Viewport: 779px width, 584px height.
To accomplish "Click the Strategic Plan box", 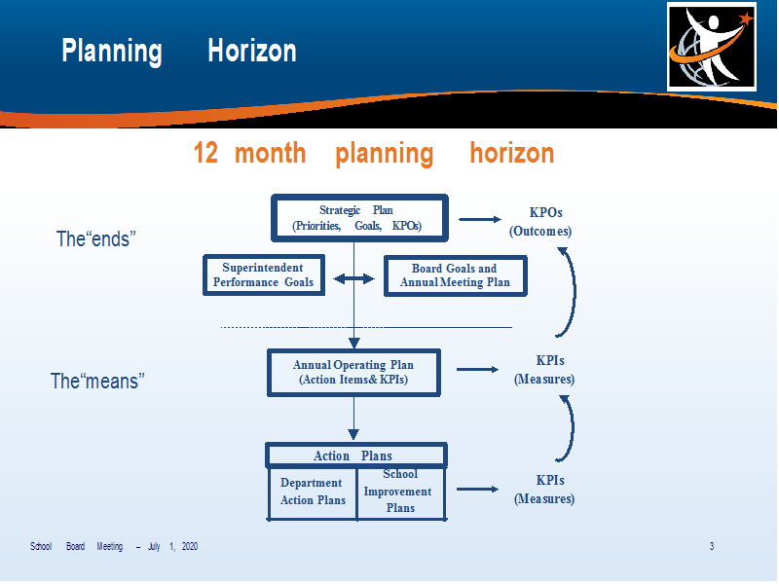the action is point(359,218).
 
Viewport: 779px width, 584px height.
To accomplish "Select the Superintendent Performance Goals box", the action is point(264,275).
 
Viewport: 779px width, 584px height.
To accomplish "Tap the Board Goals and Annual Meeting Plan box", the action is point(455,276).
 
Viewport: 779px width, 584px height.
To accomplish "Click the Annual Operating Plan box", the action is point(353,373).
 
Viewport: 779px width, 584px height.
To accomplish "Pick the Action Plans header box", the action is point(355,456).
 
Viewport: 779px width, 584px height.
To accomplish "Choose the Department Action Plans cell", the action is point(313,493).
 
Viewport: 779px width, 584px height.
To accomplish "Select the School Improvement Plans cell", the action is point(401,493).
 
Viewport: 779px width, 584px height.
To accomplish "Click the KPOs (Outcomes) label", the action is point(540,222).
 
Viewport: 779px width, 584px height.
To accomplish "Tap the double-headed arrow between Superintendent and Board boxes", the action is point(353,279).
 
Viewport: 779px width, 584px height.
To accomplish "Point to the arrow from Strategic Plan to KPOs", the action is point(480,219).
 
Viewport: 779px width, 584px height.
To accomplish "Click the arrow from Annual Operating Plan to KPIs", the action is point(477,369).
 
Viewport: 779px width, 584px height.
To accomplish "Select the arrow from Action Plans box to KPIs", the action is point(477,490).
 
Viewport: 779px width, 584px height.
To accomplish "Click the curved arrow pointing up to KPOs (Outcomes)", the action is point(575,293).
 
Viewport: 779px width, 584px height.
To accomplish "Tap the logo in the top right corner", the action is point(712,47).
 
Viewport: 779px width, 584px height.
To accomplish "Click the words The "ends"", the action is point(95,238).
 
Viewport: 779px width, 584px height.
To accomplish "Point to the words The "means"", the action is point(97,382).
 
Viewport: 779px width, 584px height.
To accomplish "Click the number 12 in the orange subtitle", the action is point(205,153).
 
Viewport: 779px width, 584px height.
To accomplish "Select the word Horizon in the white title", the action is point(252,51).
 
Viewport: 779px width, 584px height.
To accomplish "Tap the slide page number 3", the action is point(712,546).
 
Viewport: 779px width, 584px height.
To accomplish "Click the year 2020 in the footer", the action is point(190,546).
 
